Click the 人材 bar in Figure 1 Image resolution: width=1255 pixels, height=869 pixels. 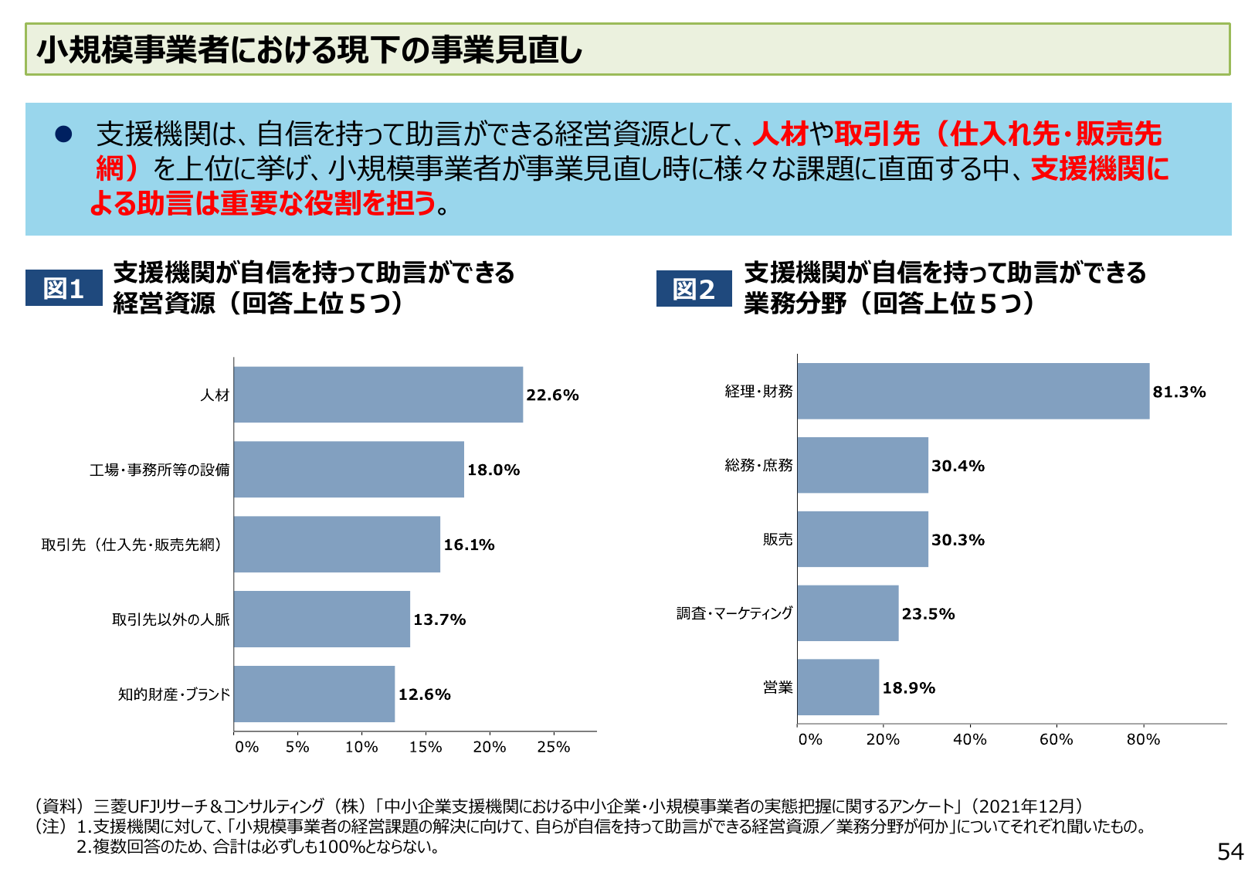pos(378,395)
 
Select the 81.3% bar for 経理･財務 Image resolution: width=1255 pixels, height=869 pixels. pos(973,391)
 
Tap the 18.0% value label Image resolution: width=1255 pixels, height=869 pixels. pos(494,470)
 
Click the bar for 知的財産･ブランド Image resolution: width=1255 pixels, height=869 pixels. pos(314,694)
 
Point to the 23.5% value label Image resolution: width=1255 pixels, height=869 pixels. pos(928,614)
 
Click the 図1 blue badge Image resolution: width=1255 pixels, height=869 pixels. pos(63,288)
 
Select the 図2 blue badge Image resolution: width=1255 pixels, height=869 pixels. pos(694,289)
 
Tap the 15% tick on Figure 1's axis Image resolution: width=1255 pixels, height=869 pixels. pos(426,747)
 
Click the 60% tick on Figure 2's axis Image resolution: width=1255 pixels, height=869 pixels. pos(1056,739)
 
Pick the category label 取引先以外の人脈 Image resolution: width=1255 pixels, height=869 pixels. pos(171,620)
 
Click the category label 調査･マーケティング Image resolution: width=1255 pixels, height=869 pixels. pos(734,613)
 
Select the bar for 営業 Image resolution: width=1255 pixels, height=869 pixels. pos(838,687)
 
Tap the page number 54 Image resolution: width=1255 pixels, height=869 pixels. pos(1230,851)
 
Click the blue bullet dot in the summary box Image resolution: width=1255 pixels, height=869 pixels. pos(63,134)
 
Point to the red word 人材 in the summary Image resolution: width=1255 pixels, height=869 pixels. pos(780,134)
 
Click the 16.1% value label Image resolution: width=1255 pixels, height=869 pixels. pos(469,545)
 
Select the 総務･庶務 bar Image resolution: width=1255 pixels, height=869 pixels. pos(863,465)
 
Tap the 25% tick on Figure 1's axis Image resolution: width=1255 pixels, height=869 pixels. pos(553,747)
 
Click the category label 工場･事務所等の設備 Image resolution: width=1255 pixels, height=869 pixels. pos(160,470)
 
